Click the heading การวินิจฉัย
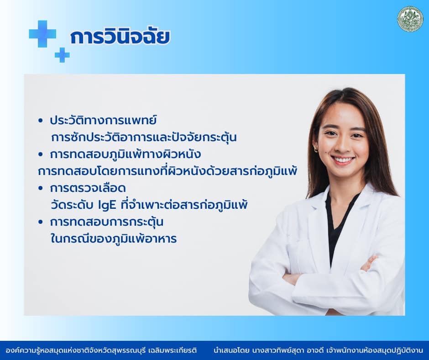click(120, 37)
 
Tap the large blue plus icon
click(42, 34)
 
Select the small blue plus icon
click(62, 55)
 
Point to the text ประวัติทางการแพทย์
click(103, 121)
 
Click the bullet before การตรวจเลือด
click(41, 188)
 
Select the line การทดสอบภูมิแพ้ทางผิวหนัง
click(126, 154)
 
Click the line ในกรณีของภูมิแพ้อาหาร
click(114, 239)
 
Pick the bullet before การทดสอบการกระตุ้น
click(41, 222)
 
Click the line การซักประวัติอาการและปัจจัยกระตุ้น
click(144, 137)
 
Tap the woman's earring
click(316, 149)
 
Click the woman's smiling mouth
click(343, 160)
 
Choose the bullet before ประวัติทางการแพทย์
click(41, 121)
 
